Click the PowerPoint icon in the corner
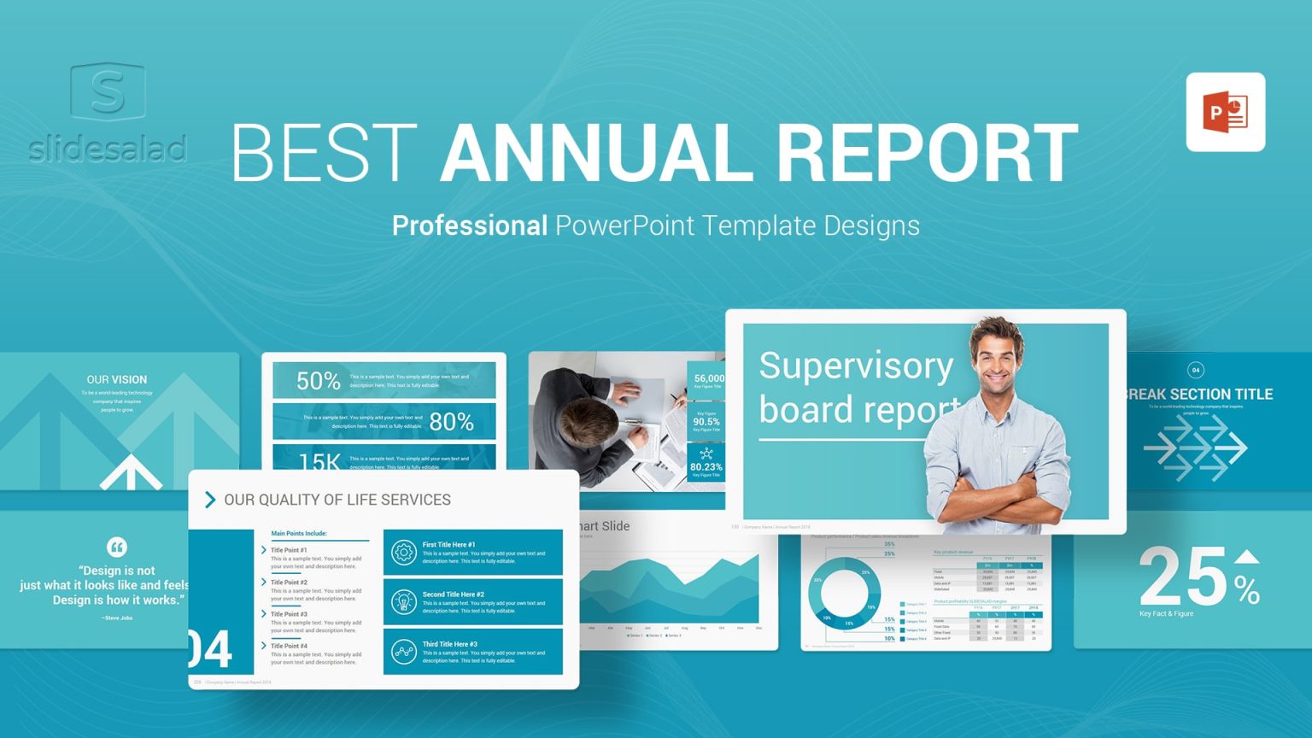(1225, 112)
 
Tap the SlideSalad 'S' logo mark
(108, 91)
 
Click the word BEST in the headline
(325, 154)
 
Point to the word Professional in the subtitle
(469, 225)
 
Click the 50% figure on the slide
(318, 381)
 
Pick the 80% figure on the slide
(451, 421)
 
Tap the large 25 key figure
(1183, 577)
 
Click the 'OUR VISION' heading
(117, 379)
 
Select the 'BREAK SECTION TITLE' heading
(1199, 394)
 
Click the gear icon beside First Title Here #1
(403, 553)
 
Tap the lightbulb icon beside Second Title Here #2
(403, 602)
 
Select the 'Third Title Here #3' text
(449, 644)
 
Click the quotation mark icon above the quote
(117, 547)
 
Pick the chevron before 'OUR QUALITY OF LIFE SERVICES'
(210, 500)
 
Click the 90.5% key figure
(706, 421)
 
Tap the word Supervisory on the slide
(856, 366)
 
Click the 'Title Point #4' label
(289, 646)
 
